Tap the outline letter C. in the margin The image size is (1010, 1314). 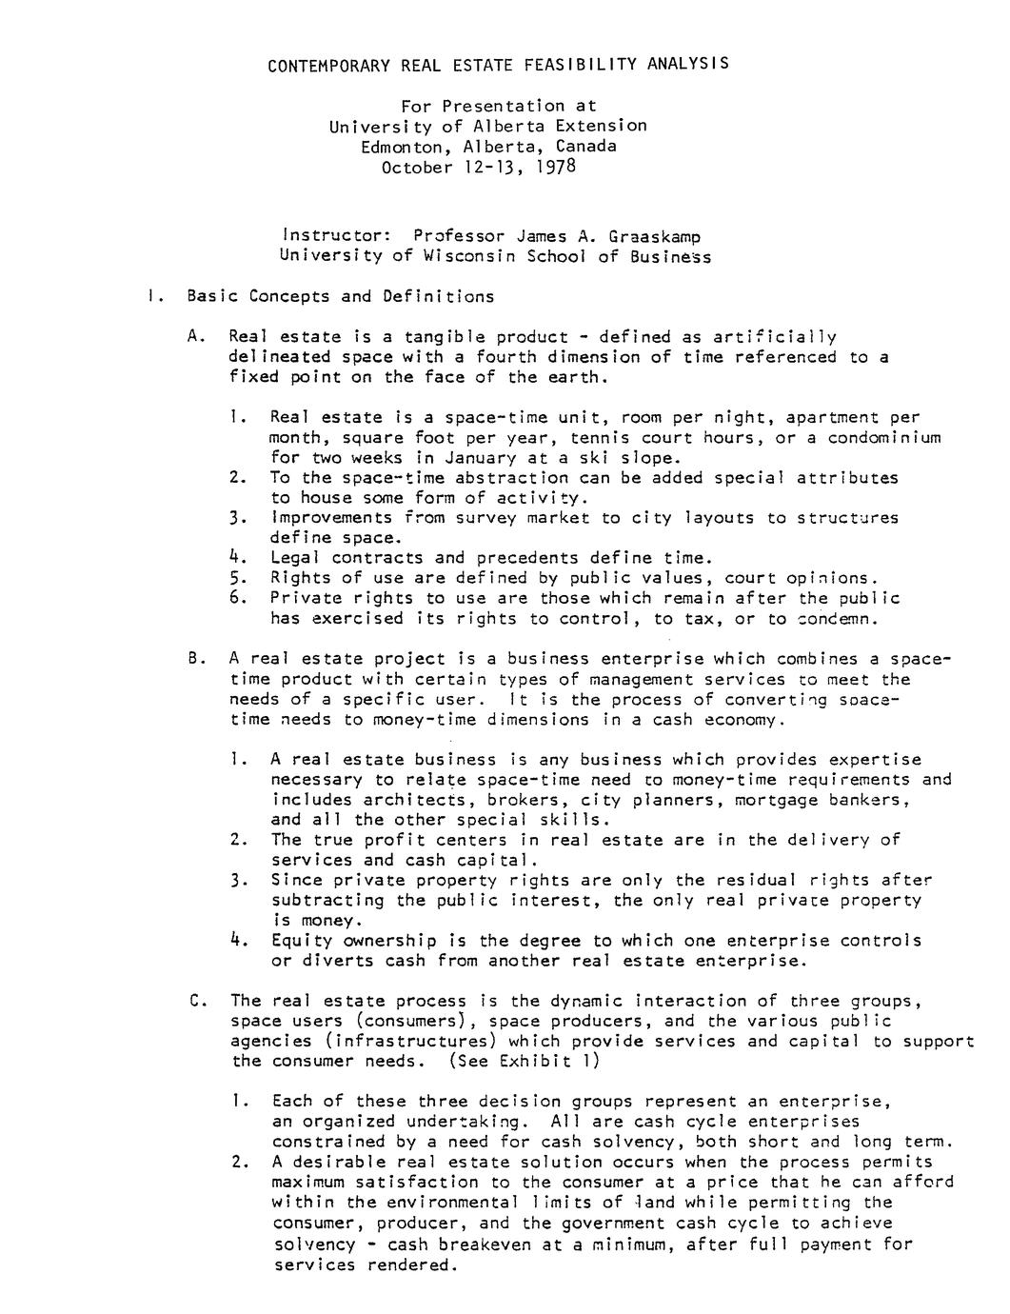pos(198,1001)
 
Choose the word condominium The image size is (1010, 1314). pos(884,437)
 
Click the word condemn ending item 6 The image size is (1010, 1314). pos(834,619)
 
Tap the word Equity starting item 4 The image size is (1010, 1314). pos(302,941)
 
